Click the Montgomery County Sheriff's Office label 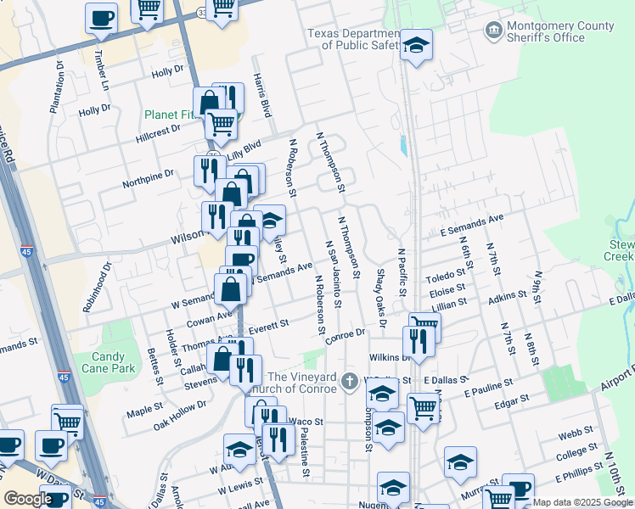pyautogui.click(x=548, y=31)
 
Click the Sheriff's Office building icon pyautogui.click(x=492, y=31)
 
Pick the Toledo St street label pyautogui.click(x=447, y=276)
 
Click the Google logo pyautogui.click(x=27, y=499)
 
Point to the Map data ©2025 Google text pyautogui.click(x=581, y=502)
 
